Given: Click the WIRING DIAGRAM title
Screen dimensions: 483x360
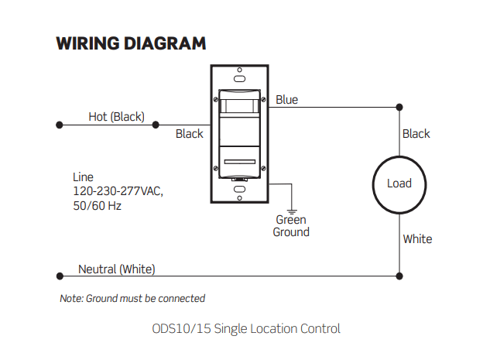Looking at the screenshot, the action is coord(131,43).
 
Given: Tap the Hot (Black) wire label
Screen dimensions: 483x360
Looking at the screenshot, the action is coord(116,117).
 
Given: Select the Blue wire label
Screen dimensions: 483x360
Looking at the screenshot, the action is coord(286,100).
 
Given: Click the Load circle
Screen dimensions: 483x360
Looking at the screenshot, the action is coord(399,157).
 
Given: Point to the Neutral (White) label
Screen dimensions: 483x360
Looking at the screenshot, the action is coord(116,269).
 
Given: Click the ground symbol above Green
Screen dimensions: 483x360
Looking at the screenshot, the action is coord(292,212).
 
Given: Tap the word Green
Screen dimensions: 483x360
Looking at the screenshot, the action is coord(291,220).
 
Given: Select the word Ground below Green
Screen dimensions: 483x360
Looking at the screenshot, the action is coord(291,231).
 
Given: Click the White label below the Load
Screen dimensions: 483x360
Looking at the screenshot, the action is coord(418,239).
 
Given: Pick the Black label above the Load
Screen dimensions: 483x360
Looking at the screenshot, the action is coord(416,134).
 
